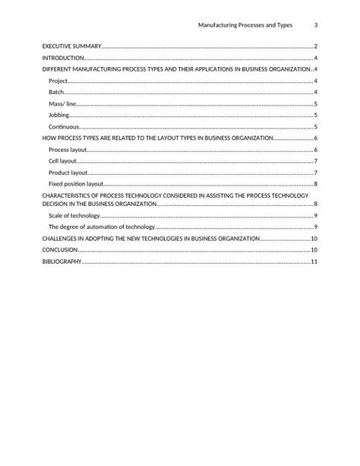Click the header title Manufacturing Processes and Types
coord(245,25)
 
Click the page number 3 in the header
coord(315,25)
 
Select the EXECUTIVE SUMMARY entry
coord(71,46)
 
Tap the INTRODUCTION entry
coord(63,58)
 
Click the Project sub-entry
coord(58,81)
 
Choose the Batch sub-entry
coord(57,92)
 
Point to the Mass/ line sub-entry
coord(62,103)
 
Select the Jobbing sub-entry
coord(59,115)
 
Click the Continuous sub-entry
coord(64,126)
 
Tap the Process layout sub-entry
coord(68,150)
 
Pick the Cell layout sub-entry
coord(63,161)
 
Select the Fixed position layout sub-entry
coord(76,184)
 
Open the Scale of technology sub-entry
coord(74,216)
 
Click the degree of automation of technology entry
coord(101,227)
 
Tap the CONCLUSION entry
coord(60,250)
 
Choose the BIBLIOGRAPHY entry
coord(61,262)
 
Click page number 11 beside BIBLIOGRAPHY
coord(314,262)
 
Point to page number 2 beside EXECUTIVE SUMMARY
coord(315,46)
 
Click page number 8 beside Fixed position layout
coord(315,184)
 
